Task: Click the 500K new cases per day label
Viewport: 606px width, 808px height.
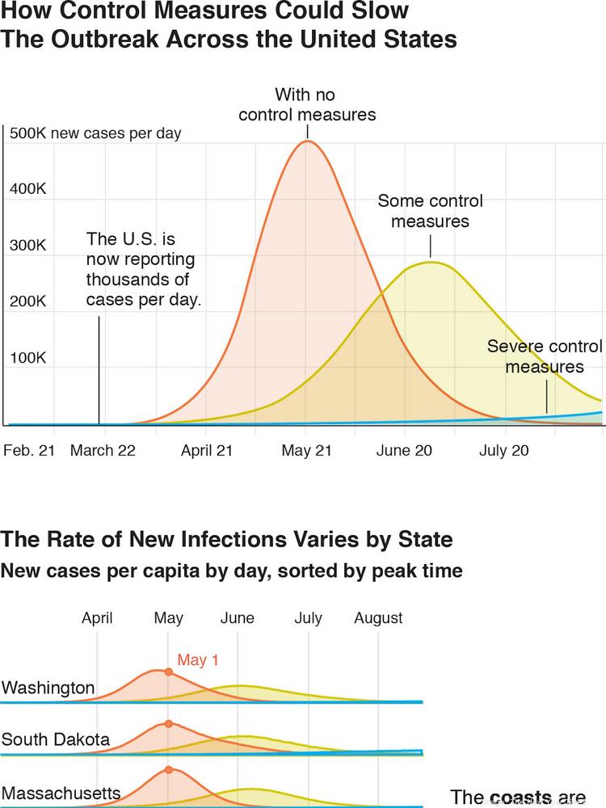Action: (95, 133)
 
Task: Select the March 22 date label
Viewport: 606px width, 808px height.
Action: (103, 450)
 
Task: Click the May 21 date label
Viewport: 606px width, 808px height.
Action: (307, 450)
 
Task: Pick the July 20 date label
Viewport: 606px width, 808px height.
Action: (504, 450)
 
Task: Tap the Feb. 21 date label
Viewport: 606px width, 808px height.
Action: (29, 450)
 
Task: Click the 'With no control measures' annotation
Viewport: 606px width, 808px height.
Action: (307, 104)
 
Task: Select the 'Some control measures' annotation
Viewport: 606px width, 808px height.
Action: (430, 210)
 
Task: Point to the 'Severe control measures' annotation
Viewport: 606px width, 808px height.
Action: (544, 356)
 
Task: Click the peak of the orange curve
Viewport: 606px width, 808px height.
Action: (307, 141)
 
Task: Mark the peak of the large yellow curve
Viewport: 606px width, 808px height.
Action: (431, 262)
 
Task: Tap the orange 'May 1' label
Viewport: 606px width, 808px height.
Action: (198, 660)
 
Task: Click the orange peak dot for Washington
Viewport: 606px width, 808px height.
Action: (168, 671)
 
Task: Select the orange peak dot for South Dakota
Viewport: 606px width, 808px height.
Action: (168, 723)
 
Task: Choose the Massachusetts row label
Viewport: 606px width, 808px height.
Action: (61, 792)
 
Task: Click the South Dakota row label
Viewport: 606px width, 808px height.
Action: (56, 739)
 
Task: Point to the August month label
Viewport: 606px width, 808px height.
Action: (378, 618)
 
